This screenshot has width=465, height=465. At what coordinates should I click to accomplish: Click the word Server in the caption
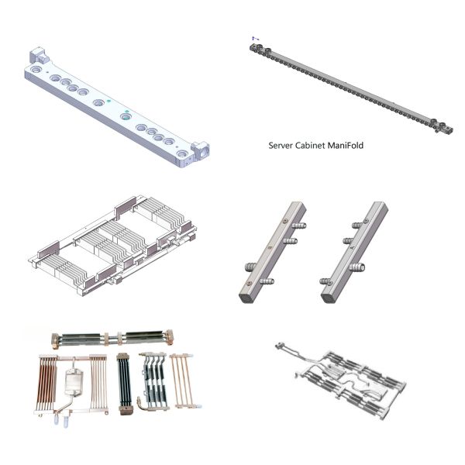(281, 146)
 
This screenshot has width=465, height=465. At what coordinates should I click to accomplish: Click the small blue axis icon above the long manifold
(255, 38)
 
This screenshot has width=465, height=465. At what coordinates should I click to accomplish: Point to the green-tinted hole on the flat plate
(126, 116)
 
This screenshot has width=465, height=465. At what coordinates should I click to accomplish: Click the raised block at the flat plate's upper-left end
(39, 56)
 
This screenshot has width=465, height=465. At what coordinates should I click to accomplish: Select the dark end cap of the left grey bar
(246, 298)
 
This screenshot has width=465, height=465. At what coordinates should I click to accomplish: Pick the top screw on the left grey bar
(285, 220)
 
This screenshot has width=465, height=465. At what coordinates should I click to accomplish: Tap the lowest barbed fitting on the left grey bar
(267, 281)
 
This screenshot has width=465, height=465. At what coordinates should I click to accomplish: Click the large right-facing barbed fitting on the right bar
(356, 267)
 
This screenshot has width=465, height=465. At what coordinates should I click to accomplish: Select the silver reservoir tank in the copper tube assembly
(74, 382)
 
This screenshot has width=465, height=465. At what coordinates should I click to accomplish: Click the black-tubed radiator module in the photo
(125, 383)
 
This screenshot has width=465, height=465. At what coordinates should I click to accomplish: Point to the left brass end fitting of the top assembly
(57, 339)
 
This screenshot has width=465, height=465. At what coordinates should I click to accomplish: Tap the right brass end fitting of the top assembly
(169, 337)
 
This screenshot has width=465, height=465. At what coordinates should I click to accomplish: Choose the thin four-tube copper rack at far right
(182, 381)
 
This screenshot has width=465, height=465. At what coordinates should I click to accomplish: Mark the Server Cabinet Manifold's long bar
(351, 88)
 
